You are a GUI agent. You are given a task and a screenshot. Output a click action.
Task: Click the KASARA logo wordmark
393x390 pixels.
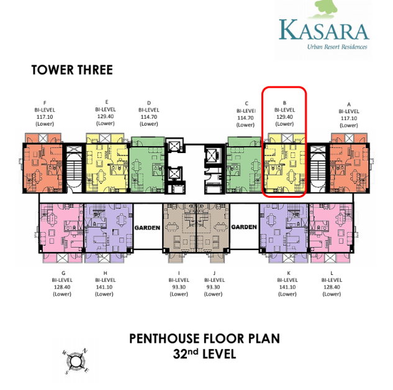(x=324, y=30)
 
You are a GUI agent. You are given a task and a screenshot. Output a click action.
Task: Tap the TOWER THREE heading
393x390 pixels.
(x=72, y=70)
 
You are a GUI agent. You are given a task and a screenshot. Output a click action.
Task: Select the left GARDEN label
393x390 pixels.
(x=147, y=228)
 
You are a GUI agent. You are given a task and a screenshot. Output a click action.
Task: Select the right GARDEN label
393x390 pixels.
(x=244, y=227)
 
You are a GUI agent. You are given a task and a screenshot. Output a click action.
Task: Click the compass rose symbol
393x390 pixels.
(x=76, y=361)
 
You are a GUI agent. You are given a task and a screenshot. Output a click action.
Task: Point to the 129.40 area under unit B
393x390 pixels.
(x=284, y=117)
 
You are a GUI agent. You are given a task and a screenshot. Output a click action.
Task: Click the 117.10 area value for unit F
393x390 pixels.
(x=45, y=117)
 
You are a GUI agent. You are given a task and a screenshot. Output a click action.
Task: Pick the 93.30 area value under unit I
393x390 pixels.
(x=179, y=287)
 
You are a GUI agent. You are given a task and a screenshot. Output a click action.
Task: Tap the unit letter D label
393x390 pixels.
(x=149, y=103)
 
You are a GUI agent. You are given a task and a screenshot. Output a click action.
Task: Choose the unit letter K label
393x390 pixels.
(x=289, y=273)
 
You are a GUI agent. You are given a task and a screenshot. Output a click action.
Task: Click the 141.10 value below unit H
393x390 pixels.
(x=104, y=287)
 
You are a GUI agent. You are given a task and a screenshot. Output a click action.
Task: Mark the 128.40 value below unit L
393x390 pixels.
(x=332, y=287)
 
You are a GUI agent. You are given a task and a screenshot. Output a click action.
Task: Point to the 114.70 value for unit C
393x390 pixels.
(x=245, y=118)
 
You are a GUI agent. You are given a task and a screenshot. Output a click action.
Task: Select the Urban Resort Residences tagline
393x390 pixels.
(x=337, y=47)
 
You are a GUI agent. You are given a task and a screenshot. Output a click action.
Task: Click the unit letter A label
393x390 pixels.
(x=349, y=104)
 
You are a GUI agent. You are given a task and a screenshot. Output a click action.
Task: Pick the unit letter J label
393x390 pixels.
(x=214, y=273)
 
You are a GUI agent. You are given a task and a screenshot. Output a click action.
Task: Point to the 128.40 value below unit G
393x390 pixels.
(x=62, y=287)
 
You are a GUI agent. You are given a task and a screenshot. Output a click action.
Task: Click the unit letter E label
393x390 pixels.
(x=107, y=102)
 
